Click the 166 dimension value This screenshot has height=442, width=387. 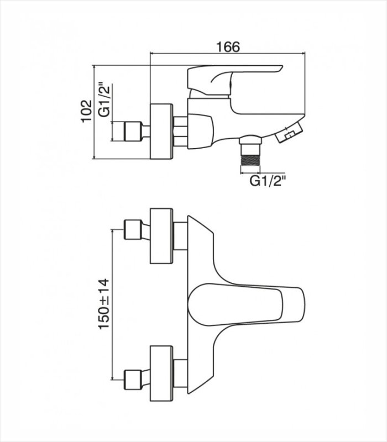pos(228,47)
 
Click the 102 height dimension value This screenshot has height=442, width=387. pos(87,111)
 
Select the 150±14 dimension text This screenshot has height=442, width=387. pos(103,303)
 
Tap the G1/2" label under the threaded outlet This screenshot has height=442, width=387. pos(268,181)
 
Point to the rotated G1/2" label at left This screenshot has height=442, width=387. pos(104,100)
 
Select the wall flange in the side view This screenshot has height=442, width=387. pos(161,131)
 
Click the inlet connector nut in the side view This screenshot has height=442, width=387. pos(132,131)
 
